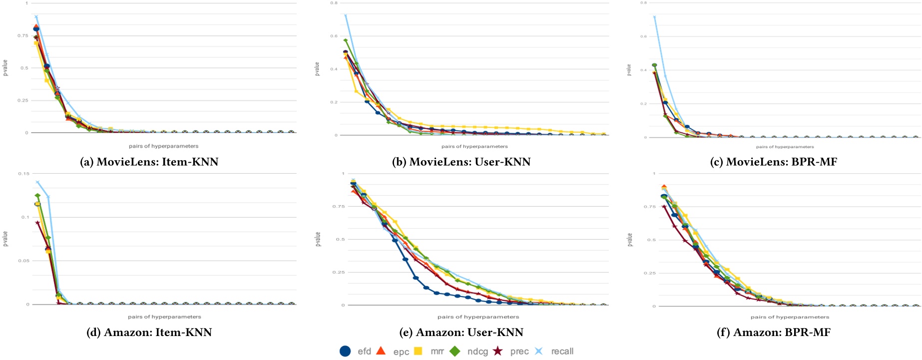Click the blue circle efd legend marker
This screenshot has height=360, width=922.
click(x=345, y=351)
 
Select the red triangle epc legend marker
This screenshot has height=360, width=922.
click(x=381, y=351)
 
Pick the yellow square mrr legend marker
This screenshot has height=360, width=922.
click(x=418, y=351)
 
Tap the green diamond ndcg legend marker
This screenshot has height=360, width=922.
click(x=455, y=351)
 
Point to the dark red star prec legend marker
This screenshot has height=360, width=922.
click(x=497, y=351)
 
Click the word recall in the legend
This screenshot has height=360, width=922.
click(x=562, y=352)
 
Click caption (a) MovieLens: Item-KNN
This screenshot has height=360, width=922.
click(x=149, y=162)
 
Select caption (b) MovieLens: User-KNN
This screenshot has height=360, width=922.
click(x=461, y=162)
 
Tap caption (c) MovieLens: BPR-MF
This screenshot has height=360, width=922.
click(x=773, y=162)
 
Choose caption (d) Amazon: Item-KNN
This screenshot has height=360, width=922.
click(x=149, y=333)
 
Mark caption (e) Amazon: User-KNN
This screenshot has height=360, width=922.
click(x=461, y=333)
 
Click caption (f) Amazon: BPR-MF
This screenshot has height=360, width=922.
click(x=773, y=333)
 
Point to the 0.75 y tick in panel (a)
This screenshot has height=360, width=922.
click(x=23, y=35)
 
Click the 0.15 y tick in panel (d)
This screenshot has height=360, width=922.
click(x=23, y=174)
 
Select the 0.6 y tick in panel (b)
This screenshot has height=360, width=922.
click(x=334, y=36)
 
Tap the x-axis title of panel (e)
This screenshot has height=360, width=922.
click(x=478, y=317)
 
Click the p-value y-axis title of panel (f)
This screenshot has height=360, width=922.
click(x=629, y=240)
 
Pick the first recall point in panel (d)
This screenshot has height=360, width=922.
click(x=37, y=182)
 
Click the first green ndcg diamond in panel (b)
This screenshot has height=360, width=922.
click(x=346, y=40)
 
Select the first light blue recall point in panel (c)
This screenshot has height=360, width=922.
click(x=654, y=17)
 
